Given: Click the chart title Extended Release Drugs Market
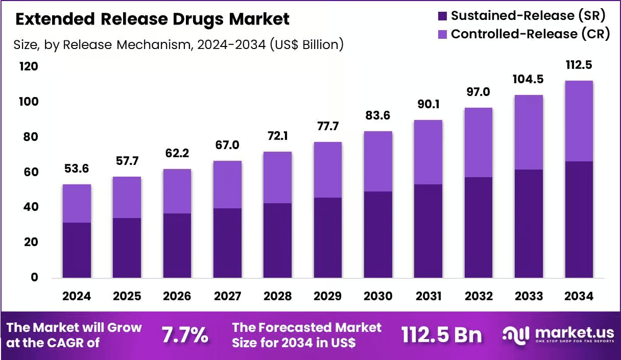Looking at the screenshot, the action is (x=152, y=19).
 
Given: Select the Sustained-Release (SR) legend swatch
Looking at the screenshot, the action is (x=442, y=16).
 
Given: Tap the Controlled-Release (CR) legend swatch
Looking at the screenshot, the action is (x=442, y=34).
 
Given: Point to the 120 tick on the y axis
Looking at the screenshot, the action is (x=29, y=66).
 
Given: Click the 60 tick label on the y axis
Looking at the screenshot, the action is (x=31, y=172).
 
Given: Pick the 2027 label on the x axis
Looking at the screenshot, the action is (x=227, y=296).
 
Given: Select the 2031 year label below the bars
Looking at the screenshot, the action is (x=428, y=296).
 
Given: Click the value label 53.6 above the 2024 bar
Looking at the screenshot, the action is (x=77, y=169).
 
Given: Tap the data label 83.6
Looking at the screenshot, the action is (x=377, y=115).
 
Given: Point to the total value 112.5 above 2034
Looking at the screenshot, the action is (x=579, y=65).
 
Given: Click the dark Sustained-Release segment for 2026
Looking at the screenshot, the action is (x=177, y=246).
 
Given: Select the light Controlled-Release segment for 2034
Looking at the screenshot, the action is (x=579, y=121).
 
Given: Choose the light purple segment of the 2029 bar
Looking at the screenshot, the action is (x=328, y=170).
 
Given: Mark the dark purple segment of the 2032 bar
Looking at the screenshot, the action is (x=479, y=228).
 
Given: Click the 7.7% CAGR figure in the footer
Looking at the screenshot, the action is (x=185, y=335).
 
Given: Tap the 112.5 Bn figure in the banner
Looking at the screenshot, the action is (x=441, y=335).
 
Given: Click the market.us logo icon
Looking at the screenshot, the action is (x=516, y=335).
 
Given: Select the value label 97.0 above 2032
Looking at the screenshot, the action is (x=478, y=92).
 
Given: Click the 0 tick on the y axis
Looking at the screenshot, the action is (x=34, y=277).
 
